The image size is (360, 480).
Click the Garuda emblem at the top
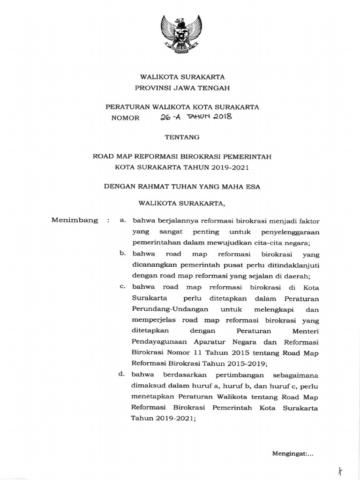(x=180, y=35)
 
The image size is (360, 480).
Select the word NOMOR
(x=125, y=118)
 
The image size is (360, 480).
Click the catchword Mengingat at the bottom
(x=288, y=454)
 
